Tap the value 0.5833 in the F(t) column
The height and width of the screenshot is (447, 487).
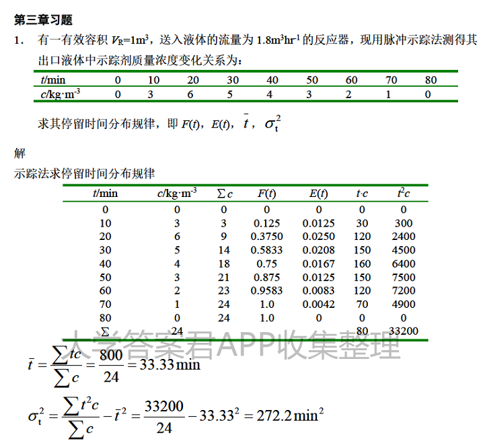click(267, 249)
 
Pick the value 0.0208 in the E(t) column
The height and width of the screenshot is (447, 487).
click(318, 249)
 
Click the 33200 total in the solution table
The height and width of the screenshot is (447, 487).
click(404, 331)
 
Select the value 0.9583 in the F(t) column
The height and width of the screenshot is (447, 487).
click(267, 290)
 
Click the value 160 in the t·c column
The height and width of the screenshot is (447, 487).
click(362, 263)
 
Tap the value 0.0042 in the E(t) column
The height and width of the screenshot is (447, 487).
click(318, 304)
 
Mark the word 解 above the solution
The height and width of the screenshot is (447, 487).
click(20, 153)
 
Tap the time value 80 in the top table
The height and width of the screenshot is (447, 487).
click(430, 80)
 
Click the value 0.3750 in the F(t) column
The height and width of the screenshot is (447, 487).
click(267, 236)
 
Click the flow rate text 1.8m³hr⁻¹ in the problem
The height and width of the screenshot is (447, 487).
click(276, 41)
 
